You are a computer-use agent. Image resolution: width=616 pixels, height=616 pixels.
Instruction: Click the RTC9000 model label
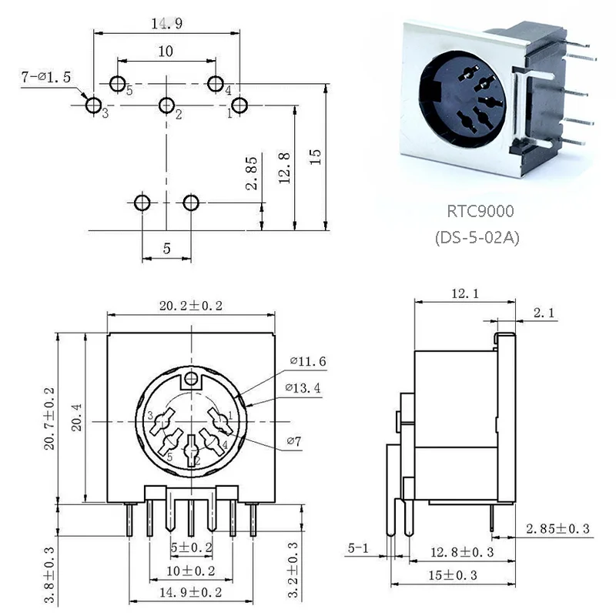480,211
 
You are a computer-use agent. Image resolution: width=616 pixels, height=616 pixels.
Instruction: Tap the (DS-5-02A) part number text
478,238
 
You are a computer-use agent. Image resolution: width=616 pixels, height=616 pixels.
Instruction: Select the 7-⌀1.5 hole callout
46,77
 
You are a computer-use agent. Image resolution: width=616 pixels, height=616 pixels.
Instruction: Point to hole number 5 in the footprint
118,83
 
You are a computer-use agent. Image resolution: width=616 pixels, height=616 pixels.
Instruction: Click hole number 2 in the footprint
166,105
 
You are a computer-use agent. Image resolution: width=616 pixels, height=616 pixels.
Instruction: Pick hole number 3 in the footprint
92,105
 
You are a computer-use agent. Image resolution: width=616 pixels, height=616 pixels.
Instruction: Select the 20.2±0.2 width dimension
190,306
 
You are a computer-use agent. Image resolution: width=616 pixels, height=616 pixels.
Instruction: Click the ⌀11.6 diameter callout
308,360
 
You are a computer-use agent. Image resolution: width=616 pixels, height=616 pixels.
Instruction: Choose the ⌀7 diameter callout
295,441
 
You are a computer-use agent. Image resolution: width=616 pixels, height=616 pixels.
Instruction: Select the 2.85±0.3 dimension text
557,529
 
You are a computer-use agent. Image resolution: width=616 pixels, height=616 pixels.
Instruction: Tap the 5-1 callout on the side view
360,549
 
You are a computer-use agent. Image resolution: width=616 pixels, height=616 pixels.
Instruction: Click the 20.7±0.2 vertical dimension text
48,418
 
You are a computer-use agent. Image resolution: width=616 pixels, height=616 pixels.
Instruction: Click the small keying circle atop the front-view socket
190,379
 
